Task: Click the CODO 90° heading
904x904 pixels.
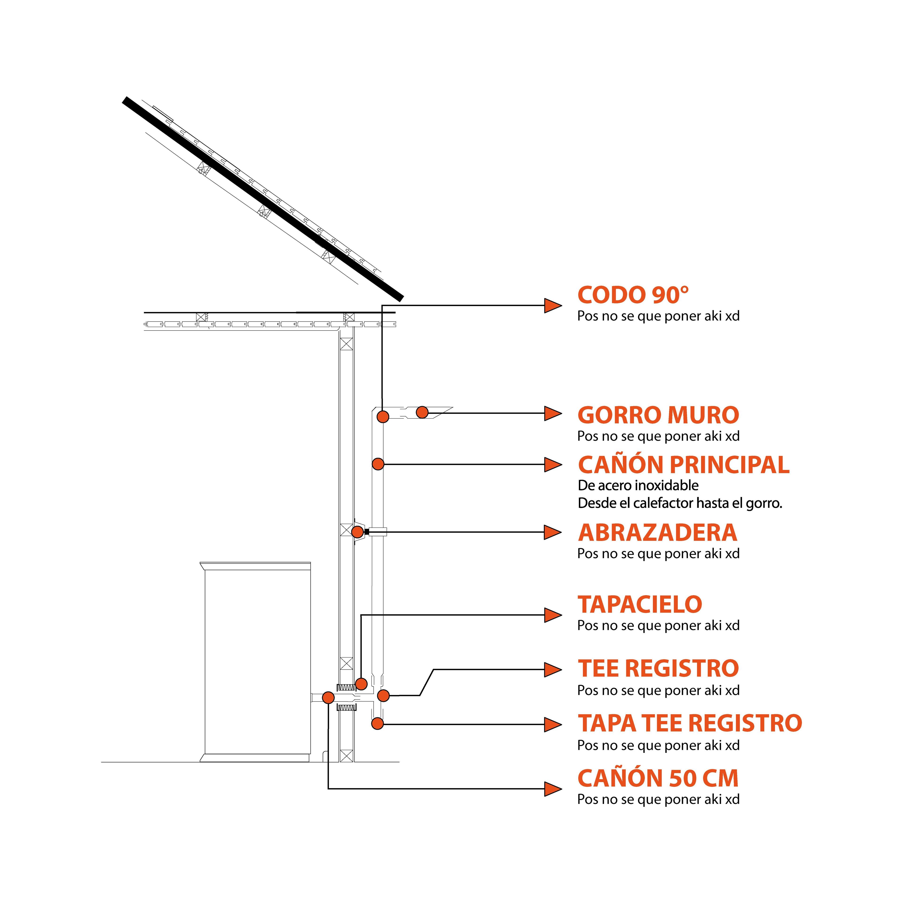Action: pyautogui.click(x=633, y=295)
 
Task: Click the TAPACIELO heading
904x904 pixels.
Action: pyautogui.click(x=640, y=605)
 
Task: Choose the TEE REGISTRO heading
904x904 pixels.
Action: pyautogui.click(x=658, y=669)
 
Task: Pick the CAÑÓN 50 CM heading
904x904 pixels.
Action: pyautogui.click(x=658, y=778)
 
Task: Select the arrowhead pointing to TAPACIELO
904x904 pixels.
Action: pyautogui.click(x=553, y=615)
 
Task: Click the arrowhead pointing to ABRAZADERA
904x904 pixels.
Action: pyautogui.click(x=553, y=533)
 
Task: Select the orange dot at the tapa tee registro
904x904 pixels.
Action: pyautogui.click(x=378, y=724)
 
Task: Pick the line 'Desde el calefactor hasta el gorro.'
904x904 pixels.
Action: pyautogui.click(x=680, y=504)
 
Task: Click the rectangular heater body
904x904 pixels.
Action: pyautogui.click(x=257, y=660)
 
